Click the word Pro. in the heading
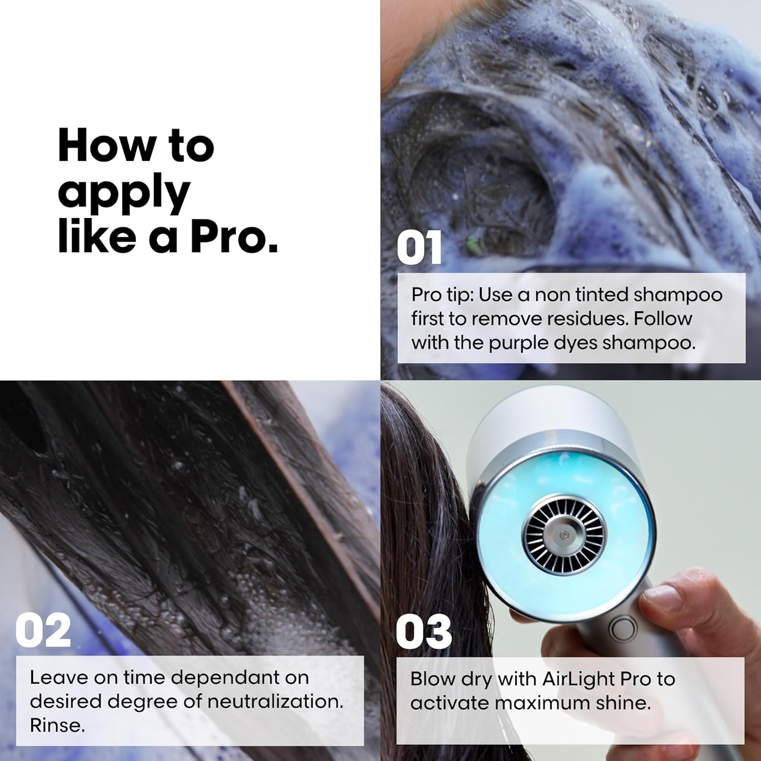[234, 237]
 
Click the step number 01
[419, 248]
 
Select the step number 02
[43, 631]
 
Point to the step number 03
[424, 632]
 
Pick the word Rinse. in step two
[57, 725]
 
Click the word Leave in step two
[53, 677]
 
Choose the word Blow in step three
[430, 679]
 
